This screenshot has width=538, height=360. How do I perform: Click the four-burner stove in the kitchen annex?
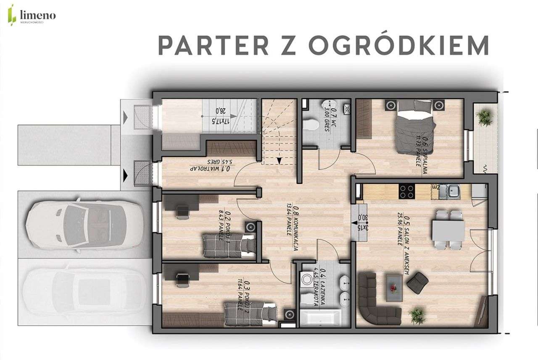point(406,193)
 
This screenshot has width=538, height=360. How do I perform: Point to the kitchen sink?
point(453,193)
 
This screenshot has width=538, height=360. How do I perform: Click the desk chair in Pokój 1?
point(182,211)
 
